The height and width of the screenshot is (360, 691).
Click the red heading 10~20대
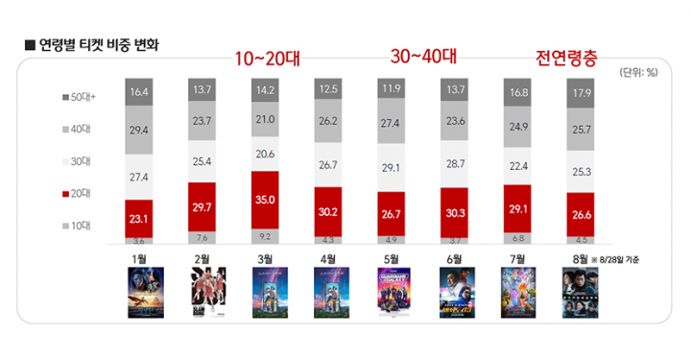tap(268, 60)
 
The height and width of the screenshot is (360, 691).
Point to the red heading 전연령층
tap(566, 60)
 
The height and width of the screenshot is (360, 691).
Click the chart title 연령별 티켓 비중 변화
tap(91, 45)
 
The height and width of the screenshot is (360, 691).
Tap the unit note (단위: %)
tap(637, 73)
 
